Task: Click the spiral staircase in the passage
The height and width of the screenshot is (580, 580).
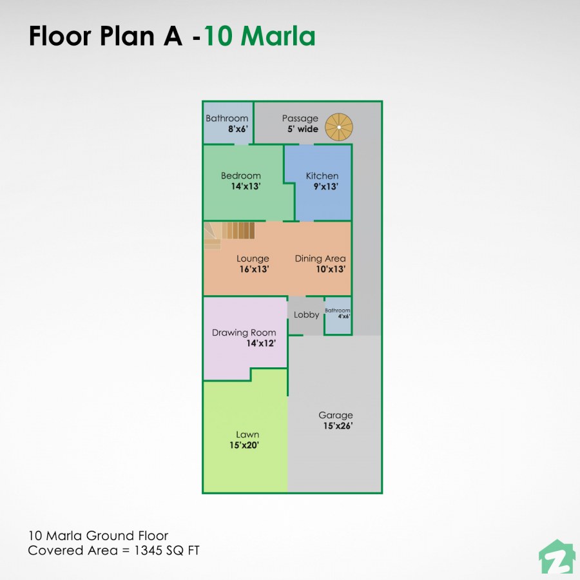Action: coord(338,127)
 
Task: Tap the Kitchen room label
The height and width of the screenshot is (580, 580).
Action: coord(322,176)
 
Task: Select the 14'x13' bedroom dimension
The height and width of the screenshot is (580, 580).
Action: coord(246,186)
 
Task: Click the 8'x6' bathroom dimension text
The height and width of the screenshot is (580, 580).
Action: coord(238,129)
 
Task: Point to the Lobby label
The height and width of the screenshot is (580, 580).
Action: coord(306,315)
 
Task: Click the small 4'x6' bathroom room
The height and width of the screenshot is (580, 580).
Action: coord(338,316)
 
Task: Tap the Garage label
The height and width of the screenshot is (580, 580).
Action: coord(335,416)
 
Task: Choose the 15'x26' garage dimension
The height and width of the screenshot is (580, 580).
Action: coord(338,426)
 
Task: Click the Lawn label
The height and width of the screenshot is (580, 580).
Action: coord(247,435)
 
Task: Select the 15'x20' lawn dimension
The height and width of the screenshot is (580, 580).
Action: coord(244,445)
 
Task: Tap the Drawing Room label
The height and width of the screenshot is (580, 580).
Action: coord(244,333)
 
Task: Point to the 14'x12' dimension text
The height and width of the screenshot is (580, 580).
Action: coord(261,343)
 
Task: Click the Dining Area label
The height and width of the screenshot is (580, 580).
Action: coord(320,259)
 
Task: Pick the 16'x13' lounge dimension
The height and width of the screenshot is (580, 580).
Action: coord(253,269)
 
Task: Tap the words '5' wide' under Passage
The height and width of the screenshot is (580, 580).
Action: coord(303,129)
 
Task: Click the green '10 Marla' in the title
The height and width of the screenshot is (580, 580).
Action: coord(260,37)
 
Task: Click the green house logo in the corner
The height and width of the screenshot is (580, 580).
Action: coord(556,558)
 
